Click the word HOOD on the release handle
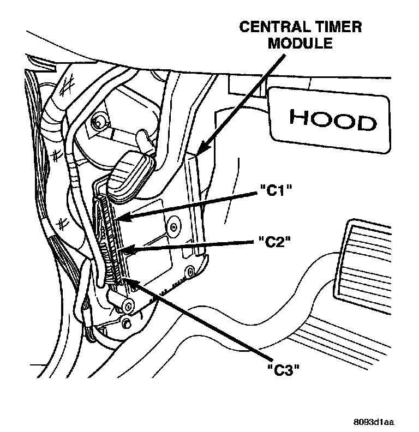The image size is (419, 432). coord(332,119)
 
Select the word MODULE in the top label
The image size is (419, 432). coord(300,44)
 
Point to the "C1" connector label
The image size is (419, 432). coord(274,193)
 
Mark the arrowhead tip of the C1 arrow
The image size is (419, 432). coord(117,219)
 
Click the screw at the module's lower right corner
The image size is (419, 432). coord(189,270)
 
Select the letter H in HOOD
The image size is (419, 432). coord(297,118)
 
